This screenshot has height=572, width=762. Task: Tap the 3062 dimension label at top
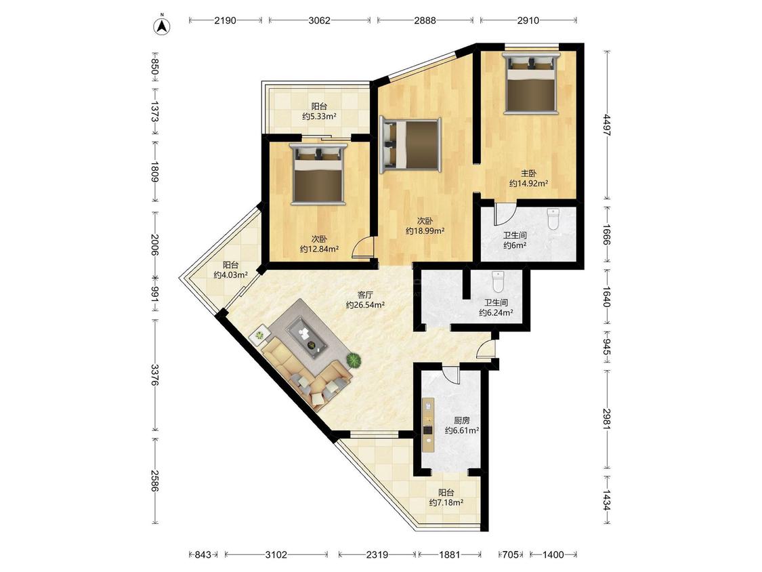[319, 20]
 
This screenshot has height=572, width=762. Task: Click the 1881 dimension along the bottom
[450, 554]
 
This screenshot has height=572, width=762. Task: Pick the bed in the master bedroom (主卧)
[530, 83]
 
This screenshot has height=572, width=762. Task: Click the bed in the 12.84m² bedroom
[318, 173]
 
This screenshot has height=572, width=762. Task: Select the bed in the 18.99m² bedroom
[410, 144]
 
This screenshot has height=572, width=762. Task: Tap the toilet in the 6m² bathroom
[553, 219]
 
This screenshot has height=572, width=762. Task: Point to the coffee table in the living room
[307, 334]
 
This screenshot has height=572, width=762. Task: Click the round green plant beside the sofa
[354, 361]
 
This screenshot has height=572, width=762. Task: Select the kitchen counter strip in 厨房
[427, 422]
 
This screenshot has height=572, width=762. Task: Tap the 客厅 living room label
[366, 294]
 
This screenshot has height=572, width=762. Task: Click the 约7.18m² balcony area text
[446, 502]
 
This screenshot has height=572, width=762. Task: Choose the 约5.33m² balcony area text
[319, 117]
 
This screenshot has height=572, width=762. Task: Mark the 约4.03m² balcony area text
[231, 274]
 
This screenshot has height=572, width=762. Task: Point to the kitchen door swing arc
[450, 373]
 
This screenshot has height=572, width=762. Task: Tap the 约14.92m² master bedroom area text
[529, 184]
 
